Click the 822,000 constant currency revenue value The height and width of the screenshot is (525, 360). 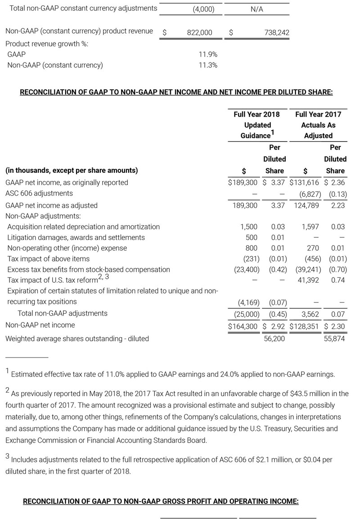point(199,32)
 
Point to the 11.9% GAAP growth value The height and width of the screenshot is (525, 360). point(208,54)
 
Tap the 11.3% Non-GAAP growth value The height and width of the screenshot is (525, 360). point(208,65)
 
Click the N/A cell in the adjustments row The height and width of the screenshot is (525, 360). point(256,9)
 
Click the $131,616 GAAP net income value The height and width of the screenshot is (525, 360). point(304,182)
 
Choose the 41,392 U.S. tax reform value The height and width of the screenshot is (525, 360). point(308,280)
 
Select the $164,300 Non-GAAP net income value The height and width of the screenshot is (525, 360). point(243,325)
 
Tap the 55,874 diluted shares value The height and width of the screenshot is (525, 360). point(334,338)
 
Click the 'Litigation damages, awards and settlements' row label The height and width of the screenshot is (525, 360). point(76,237)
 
